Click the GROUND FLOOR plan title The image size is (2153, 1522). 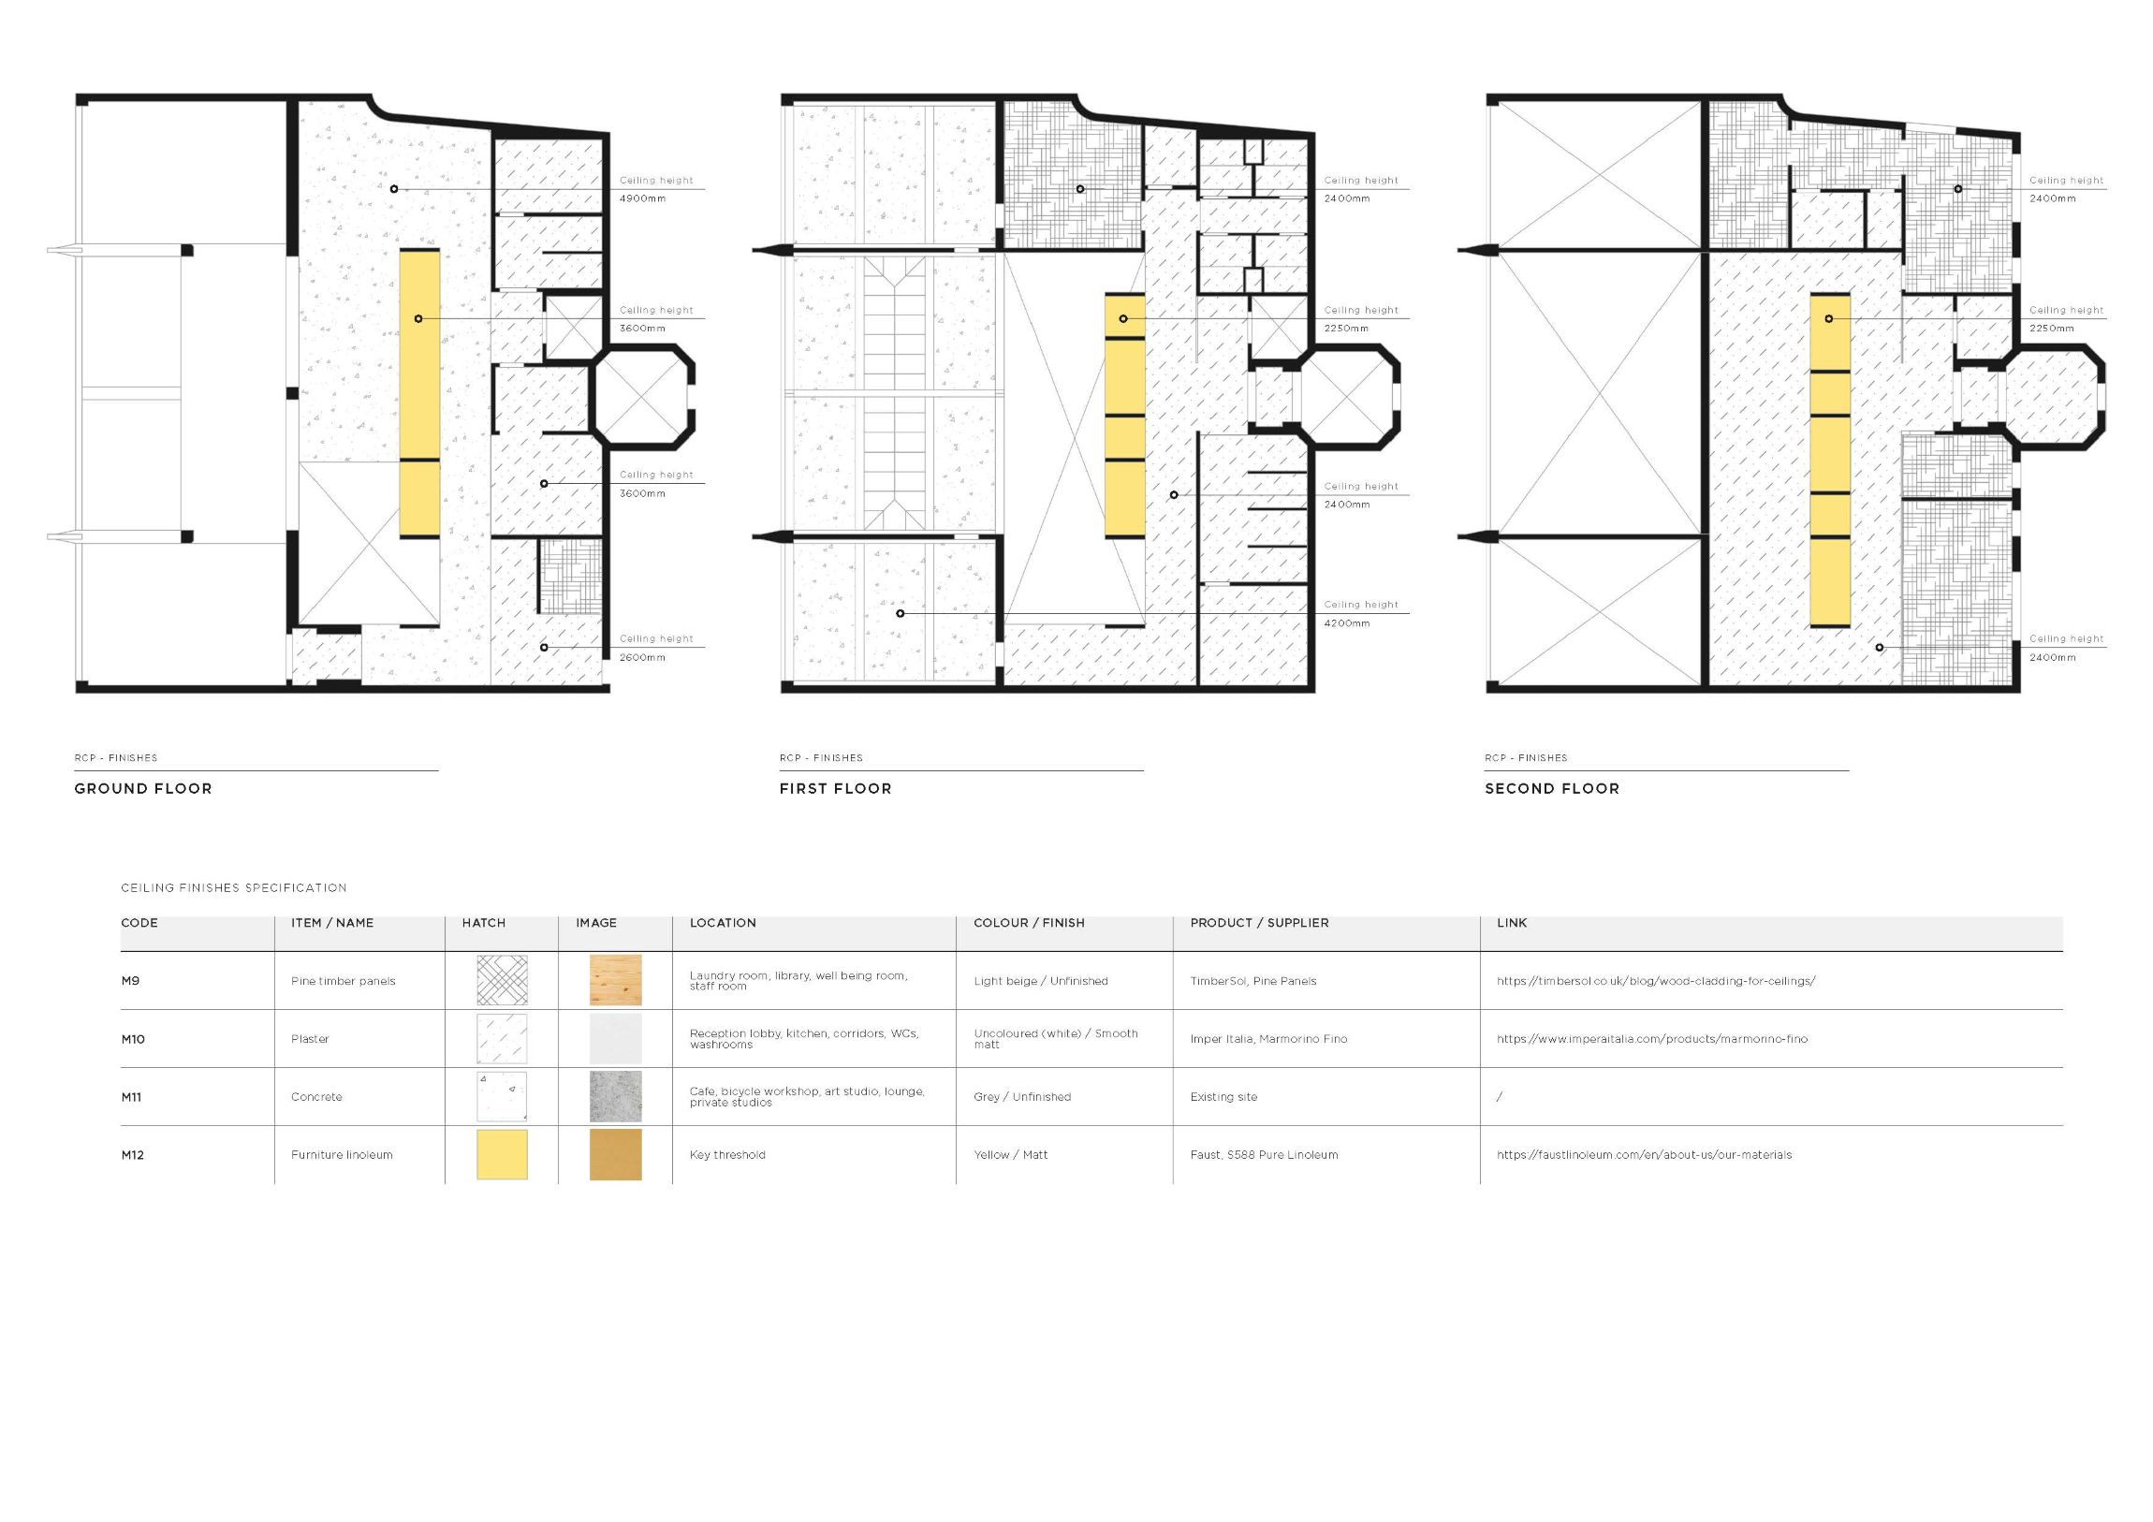(143, 789)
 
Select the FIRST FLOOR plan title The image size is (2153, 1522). (836, 789)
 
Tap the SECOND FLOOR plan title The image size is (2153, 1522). (1552, 789)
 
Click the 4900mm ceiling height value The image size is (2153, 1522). (642, 198)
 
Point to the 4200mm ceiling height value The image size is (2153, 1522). (1347, 623)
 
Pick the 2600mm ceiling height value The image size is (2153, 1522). (642, 657)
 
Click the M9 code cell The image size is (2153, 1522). (130, 981)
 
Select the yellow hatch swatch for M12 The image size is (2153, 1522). (502, 1154)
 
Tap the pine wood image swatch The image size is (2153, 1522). (615, 981)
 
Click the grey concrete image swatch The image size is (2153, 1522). (615, 1096)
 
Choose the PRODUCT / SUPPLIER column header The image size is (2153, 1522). (1259, 923)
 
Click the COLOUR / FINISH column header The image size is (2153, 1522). (1029, 923)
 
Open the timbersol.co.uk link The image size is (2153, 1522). (1656, 981)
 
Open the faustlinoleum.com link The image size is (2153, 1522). (1644, 1155)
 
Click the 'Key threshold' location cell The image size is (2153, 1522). (727, 1155)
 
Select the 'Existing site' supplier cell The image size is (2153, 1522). (1223, 1097)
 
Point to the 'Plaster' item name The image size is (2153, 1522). (310, 1039)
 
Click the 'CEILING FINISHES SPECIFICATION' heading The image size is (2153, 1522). (233, 888)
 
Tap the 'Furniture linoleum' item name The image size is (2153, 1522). (342, 1155)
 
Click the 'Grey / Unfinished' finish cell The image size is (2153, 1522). (1022, 1097)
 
